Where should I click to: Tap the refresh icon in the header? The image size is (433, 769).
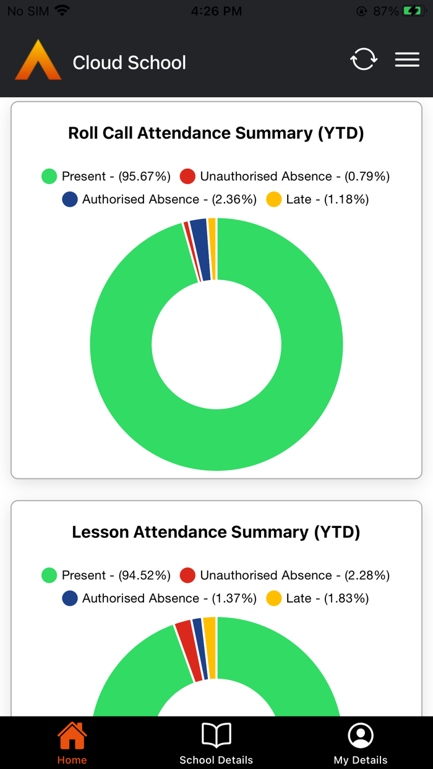364,59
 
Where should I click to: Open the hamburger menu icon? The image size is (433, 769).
407,59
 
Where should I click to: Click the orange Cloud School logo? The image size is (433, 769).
38,61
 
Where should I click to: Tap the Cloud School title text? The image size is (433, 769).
129,62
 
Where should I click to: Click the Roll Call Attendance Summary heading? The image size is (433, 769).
216,133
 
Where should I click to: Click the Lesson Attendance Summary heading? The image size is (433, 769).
216,532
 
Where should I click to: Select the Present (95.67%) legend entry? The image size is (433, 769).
106,176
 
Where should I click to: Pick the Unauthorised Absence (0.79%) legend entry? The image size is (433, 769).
285,176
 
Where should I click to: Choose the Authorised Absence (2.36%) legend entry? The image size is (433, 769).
160,199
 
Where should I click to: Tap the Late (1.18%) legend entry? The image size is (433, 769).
317,199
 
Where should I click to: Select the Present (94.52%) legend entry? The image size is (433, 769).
106,575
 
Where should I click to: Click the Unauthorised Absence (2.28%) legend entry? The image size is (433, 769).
285,575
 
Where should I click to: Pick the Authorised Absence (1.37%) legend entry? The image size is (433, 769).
160,598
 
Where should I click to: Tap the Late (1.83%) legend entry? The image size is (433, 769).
317,598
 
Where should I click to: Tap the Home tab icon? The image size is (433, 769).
72,736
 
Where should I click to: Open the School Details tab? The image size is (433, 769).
216,744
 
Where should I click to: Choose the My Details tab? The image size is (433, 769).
361,744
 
